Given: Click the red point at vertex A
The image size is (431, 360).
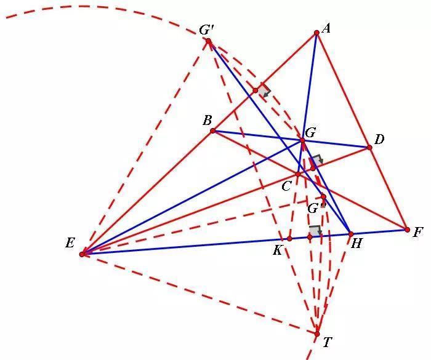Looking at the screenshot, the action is (x=316, y=33).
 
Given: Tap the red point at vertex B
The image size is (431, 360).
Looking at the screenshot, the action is (x=213, y=131).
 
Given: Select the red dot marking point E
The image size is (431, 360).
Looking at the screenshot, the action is (x=82, y=254).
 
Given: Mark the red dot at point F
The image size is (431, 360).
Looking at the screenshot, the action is (x=408, y=230).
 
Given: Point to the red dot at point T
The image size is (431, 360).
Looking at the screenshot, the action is (x=317, y=334).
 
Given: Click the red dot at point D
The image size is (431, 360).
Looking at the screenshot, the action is (x=369, y=148).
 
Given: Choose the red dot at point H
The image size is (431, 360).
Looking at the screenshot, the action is (x=351, y=234).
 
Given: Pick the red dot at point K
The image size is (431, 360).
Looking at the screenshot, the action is (x=289, y=239).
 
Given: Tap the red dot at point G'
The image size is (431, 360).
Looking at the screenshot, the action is (x=209, y=41).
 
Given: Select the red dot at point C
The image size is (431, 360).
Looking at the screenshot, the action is (x=298, y=174).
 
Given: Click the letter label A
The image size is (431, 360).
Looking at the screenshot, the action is (x=326, y=28).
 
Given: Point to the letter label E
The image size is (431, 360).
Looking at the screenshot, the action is (x=70, y=243).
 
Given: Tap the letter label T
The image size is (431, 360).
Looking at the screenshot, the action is (x=328, y=342).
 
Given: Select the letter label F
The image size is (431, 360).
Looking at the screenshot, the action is (x=418, y=233).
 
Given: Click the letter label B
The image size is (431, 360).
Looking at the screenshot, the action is (x=207, y=121).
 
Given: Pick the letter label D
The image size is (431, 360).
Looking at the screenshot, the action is (x=379, y=140).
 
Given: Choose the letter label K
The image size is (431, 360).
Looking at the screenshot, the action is (x=278, y=250).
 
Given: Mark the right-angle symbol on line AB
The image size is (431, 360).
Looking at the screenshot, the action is (x=264, y=90).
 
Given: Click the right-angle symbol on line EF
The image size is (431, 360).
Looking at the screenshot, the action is (x=315, y=231).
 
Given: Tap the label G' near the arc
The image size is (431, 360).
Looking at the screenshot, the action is (x=206, y=30).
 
